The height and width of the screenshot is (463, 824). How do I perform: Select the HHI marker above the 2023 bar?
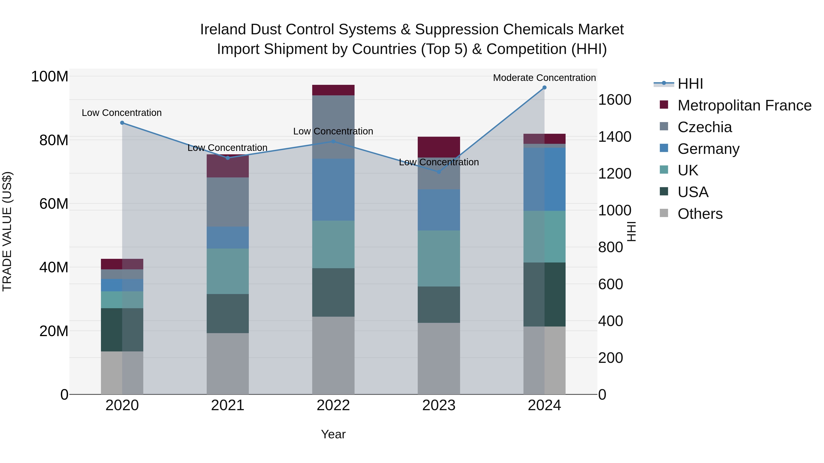point(439,172)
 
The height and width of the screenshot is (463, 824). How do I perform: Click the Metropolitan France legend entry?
point(744,105)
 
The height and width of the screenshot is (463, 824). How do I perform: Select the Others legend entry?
point(700,214)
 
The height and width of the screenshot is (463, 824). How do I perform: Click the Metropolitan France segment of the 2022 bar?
point(333,90)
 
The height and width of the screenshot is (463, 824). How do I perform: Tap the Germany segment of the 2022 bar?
point(333,190)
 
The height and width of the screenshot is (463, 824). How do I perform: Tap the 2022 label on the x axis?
point(333,405)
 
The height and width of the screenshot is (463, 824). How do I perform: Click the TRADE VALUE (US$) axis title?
point(7,231)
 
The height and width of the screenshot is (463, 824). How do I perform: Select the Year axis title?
point(333,434)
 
